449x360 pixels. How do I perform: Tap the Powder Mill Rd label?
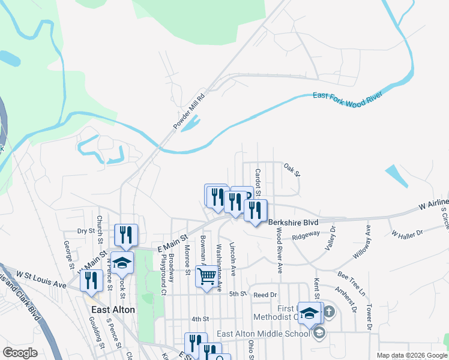point(189,111)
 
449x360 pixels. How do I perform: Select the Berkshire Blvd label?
point(293,222)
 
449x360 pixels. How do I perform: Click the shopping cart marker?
point(206,277)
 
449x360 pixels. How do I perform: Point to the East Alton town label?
point(113,310)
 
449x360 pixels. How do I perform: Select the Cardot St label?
point(258,182)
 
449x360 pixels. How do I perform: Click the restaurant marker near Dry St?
point(126,234)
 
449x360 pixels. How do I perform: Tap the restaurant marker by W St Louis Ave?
point(91,281)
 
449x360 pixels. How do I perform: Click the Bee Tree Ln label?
point(351,284)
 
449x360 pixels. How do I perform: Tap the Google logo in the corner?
point(20,353)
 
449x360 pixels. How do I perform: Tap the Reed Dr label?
point(265,295)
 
